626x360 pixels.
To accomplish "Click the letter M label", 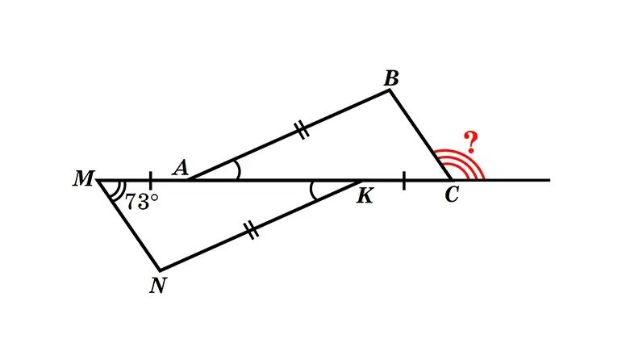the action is [x=83, y=178].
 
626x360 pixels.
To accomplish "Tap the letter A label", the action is [x=181, y=167].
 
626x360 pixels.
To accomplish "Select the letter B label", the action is [x=391, y=78].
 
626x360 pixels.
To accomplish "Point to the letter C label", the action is [x=452, y=195].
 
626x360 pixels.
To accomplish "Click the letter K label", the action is [x=365, y=196].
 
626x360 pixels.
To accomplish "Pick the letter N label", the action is [x=157, y=286].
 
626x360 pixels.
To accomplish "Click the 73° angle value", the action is [x=142, y=202].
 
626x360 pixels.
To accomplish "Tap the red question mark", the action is [x=471, y=142].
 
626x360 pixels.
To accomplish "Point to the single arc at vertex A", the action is [x=238, y=170].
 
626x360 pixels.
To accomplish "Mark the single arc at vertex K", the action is [x=312, y=190].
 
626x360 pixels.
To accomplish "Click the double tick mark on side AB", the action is [x=302, y=130].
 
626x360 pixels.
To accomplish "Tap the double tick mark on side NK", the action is [x=251, y=229].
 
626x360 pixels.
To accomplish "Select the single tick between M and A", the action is [x=150, y=180].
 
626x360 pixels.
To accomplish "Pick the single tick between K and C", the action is [x=403, y=180].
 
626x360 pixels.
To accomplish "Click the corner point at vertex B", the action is [x=390, y=90].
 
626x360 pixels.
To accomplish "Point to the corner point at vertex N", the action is [x=160, y=270].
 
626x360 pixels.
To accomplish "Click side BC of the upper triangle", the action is [x=420, y=136].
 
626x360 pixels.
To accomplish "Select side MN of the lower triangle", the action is [x=128, y=225].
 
